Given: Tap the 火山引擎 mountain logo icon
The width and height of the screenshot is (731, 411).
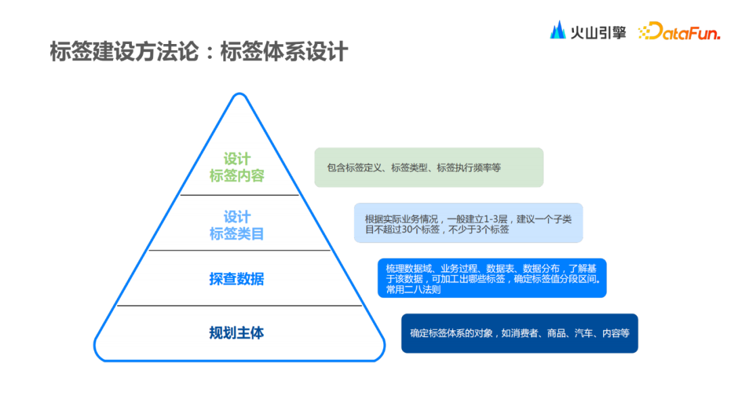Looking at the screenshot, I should (x=558, y=30).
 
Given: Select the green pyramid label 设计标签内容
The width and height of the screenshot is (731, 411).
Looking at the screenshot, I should (x=237, y=167).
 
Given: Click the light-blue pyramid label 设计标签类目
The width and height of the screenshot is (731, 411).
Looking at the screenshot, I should (x=237, y=225).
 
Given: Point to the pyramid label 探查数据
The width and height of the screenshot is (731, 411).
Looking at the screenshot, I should (x=236, y=279).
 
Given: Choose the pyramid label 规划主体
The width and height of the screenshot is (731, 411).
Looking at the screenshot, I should (x=236, y=333).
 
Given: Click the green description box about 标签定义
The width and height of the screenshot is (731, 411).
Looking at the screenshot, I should (x=428, y=167).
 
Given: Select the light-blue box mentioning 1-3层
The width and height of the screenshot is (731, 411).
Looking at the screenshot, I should (x=468, y=223).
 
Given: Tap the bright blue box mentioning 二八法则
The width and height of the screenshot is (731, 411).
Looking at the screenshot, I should (x=491, y=278).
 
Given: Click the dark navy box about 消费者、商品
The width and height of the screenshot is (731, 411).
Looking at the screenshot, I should (x=519, y=333).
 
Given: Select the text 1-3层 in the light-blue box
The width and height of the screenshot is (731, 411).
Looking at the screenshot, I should (x=496, y=219).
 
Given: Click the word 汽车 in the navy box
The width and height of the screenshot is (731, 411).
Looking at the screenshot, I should (x=583, y=333).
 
